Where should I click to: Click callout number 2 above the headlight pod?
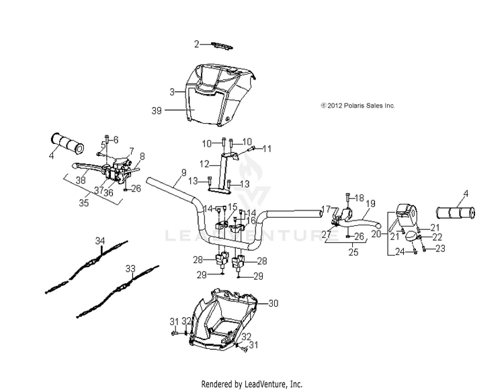tap(197, 44)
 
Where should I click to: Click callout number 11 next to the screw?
tap(267, 148)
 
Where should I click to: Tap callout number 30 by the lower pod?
tap(273, 304)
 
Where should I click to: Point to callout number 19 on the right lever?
tap(370, 202)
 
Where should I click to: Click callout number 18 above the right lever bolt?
tap(359, 198)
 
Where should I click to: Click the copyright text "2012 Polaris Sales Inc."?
tap(358, 106)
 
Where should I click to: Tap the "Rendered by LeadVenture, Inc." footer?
tap(252, 383)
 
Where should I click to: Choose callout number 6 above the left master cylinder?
tap(116, 139)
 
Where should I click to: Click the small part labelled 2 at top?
tap(218, 46)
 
